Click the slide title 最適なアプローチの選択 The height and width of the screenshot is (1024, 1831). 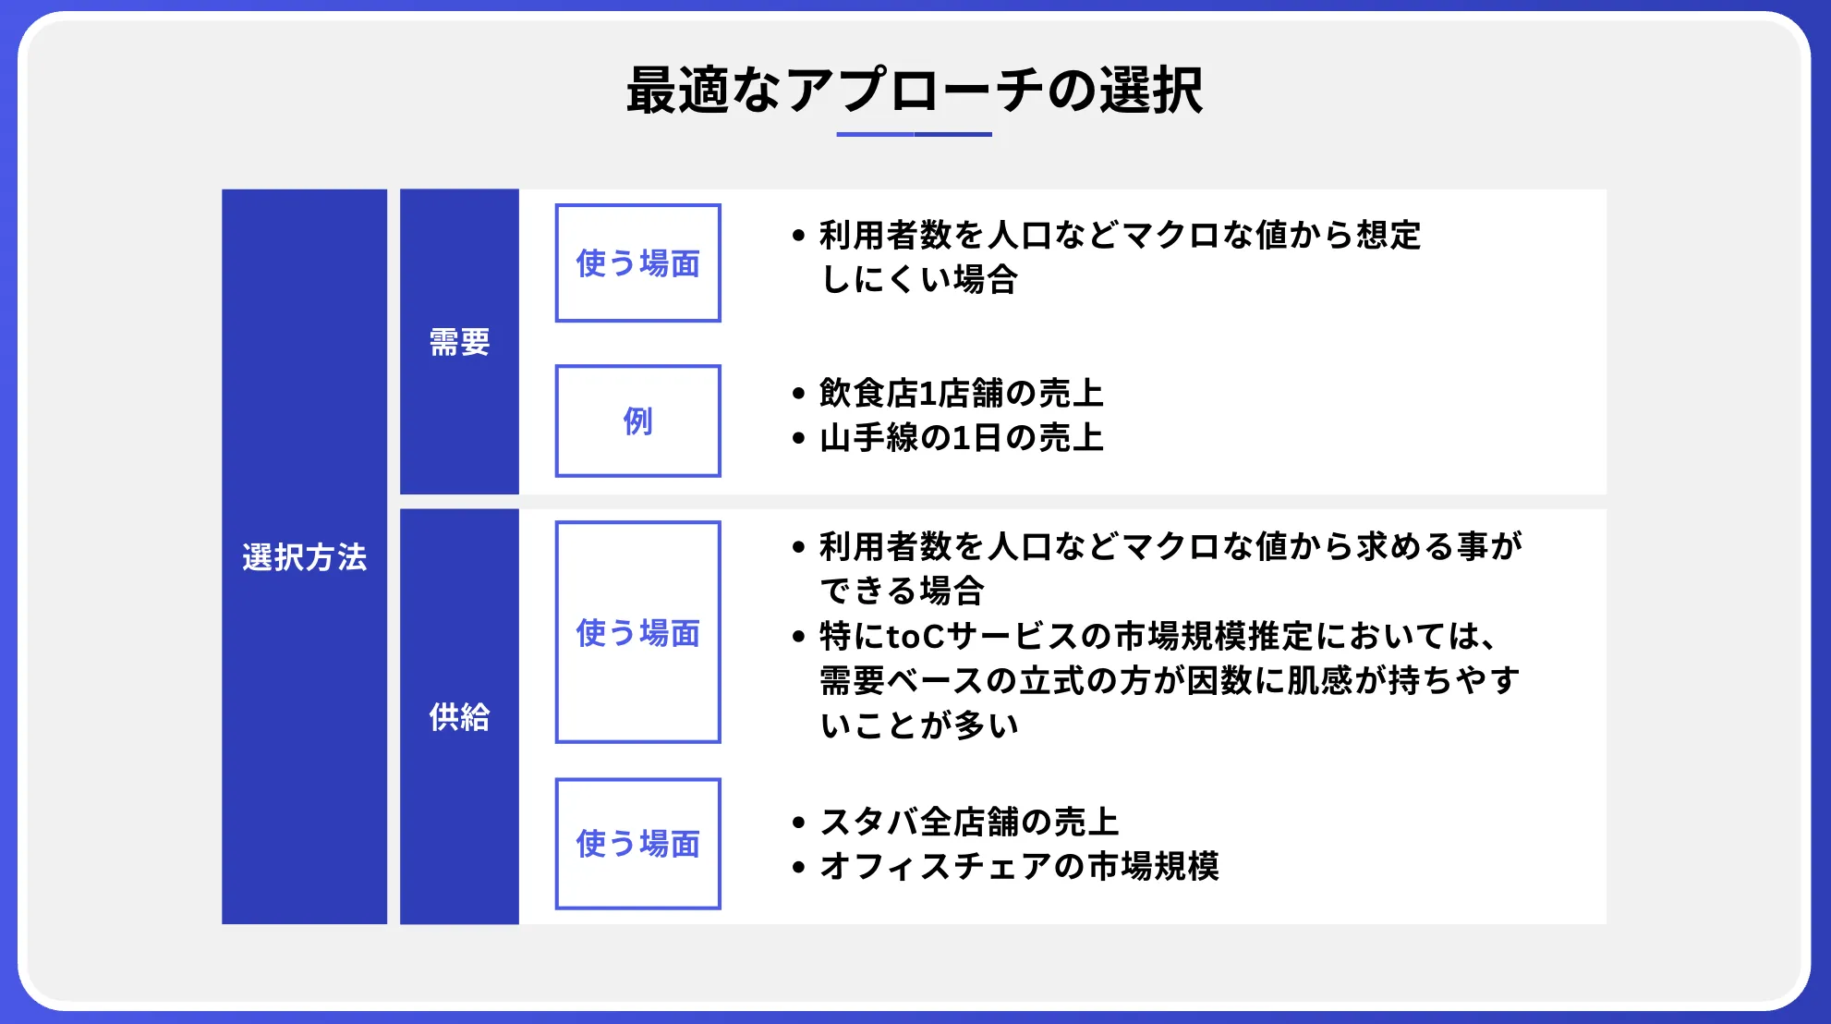[x=915, y=91]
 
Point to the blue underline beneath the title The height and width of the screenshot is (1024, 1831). [x=915, y=134]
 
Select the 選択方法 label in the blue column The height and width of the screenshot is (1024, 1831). [x=305, y=557]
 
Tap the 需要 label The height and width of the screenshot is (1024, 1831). [x=459, y=342]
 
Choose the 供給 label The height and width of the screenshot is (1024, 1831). [x=459, y=716]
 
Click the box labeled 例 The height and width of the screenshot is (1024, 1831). [x=637, y=421]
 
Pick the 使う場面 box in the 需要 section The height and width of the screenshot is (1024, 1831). [x=637, y=263]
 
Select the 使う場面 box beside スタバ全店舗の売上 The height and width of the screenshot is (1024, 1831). [x=637, y=844]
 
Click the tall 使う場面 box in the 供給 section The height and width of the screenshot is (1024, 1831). [x=637, y=632]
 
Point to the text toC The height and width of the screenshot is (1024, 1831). [x=915, y=636]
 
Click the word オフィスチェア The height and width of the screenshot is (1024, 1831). [x=936, y=866]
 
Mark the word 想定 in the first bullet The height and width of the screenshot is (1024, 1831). [x=1388, y=235]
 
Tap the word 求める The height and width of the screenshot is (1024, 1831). [x=1406, y=546]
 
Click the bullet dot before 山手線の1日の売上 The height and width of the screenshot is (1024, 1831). [x=799, y=438]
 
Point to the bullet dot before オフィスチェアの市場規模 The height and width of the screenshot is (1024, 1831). [x=799, y=867]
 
